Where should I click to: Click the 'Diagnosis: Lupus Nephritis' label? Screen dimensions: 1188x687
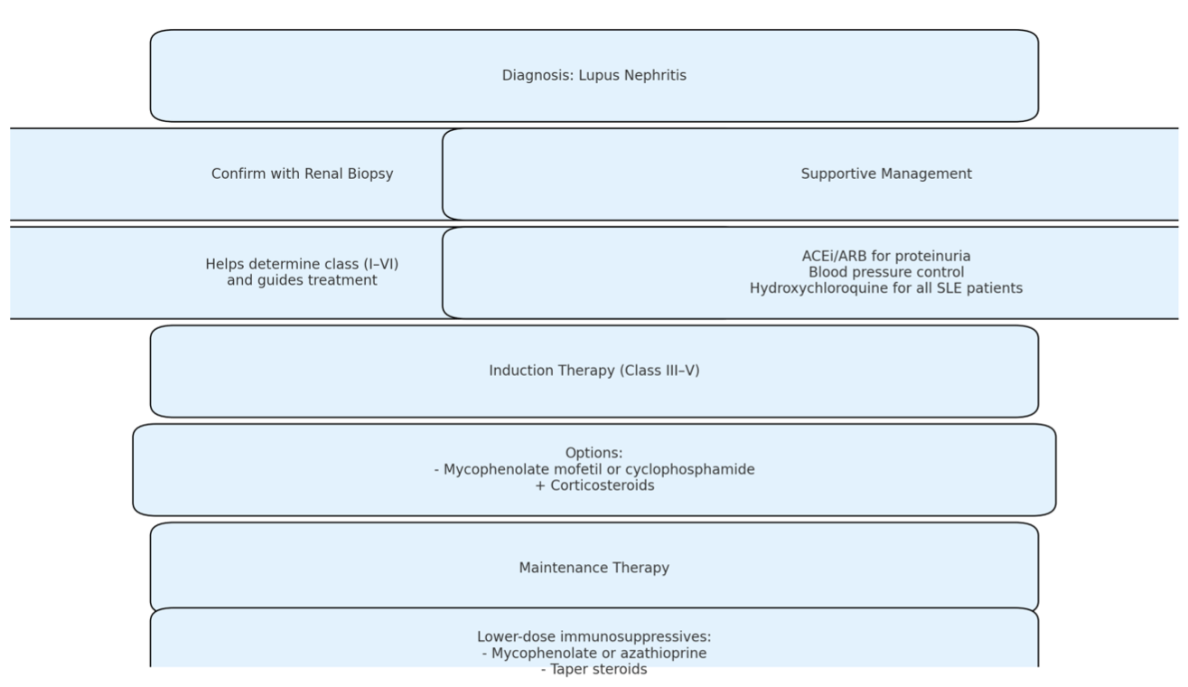pos(594,75)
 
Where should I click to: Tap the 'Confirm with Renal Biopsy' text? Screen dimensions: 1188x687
pos(303,174)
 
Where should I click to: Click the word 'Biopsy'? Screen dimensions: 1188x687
pos(370,174)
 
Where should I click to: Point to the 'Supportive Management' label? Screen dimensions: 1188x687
pos(886,174)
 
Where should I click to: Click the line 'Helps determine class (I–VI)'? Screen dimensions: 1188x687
pos(303,264)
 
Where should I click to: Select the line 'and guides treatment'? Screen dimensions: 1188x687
pos(303,280)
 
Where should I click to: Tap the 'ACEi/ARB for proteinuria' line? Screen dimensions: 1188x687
pos(886,256)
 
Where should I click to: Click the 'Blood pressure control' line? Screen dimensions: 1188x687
pos(886,272)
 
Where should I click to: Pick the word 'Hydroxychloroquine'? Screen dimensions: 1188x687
pos(814,288)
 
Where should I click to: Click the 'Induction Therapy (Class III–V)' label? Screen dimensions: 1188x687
pos(594,371)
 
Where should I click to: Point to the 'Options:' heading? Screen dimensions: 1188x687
pos(594,453)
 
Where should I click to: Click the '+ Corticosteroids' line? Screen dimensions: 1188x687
pos(594,485)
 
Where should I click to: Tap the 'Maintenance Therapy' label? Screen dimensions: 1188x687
pos(594,568)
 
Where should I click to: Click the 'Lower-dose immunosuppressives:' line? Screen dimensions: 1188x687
pos(594,636)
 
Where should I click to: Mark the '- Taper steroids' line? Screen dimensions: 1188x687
pos(594,669)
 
